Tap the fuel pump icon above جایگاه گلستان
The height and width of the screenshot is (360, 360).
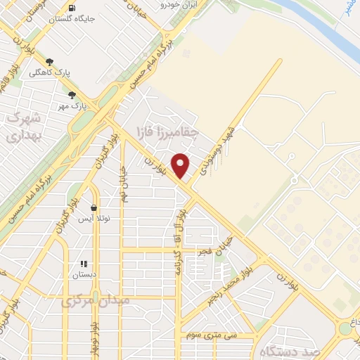coord(72,8)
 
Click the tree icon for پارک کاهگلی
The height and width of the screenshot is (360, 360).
coord(49,62)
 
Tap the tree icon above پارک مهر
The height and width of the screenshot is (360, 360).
coord(72,95)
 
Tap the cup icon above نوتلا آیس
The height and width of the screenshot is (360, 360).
coord(94,207)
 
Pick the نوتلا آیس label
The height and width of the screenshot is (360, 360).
coord(94,219)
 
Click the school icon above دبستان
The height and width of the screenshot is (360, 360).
coord(84,264)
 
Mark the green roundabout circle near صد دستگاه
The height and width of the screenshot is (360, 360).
coord(345,328)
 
